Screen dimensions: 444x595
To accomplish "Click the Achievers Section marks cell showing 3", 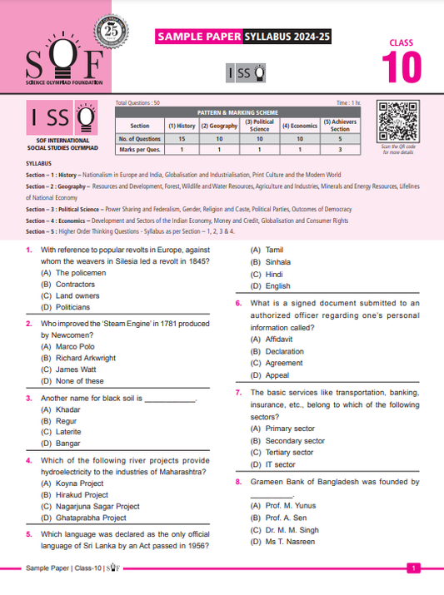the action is click(339, 150).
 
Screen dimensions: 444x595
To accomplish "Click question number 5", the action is click(29, 533).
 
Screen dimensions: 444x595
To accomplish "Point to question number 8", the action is click(238, 481).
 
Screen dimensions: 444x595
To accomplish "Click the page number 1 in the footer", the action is click(413, 568).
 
